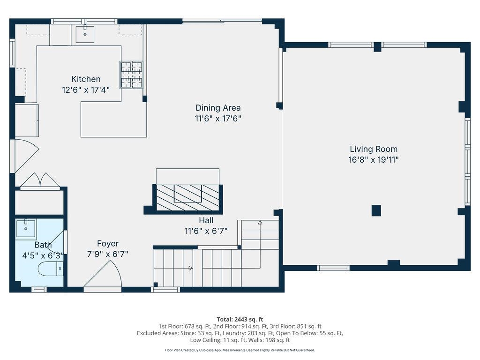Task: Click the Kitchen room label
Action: [86, 79]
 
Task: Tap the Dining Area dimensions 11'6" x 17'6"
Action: [218, 119]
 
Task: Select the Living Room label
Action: [374, 149]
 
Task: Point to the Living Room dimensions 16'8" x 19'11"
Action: [374, 160]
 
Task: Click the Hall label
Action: [206, 220]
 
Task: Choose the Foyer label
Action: [108, 244]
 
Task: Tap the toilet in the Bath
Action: [50, 269]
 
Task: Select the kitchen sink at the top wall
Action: [85, 34]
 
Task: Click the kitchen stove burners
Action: [131, 75]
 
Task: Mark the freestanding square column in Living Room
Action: [376, 211]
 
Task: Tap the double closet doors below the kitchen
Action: [40, 181]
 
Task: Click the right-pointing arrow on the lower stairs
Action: [190, 268]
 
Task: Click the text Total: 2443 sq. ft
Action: [240, 319]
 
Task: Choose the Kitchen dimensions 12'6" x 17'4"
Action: [86, 90]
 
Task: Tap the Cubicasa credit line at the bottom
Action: [240, 350]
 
